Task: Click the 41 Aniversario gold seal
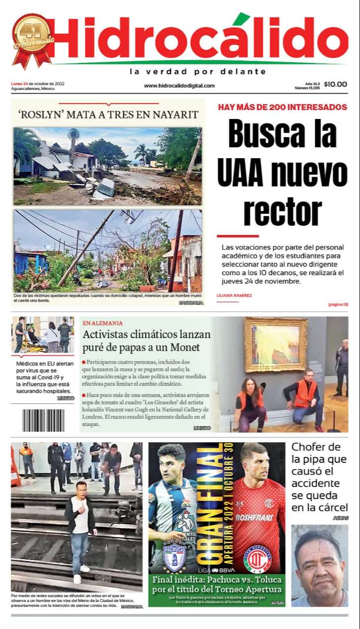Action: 32,40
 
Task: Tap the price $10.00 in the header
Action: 335,84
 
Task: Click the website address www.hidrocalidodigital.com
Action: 179,86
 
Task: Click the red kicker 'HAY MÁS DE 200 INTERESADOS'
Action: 282,107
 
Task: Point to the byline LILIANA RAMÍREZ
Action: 234,295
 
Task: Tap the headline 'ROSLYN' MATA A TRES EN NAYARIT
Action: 108,115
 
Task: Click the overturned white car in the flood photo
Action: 105,188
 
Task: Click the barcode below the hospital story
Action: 43,420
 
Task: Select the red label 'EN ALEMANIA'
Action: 103,323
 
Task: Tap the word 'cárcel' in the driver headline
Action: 333,507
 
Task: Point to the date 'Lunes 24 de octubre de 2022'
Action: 38,84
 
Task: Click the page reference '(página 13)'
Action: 338,305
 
